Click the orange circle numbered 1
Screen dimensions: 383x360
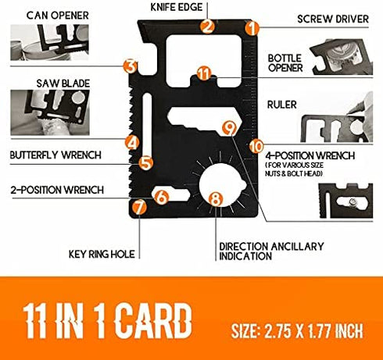point(252,28)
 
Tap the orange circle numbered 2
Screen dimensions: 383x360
point(208,27)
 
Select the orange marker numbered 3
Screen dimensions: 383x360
point(131,66)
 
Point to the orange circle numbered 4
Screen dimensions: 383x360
point(133,143)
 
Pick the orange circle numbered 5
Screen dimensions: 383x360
point(146,163)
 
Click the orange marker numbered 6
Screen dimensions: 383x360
point(162,197)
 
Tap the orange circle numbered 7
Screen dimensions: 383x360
point(139,207)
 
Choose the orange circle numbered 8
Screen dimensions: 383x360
point(216,199)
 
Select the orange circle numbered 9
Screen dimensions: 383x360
point(230,128)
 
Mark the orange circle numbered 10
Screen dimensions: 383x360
point(256,146)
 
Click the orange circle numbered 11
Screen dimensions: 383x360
point(204,73)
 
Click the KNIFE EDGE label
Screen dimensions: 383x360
point(177,7)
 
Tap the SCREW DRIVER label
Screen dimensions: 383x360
point(333,19)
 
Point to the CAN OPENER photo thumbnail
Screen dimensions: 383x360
point(49,42)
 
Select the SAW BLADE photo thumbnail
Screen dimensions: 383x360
point(50,112)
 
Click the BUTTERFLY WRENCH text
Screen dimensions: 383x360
point(55,155)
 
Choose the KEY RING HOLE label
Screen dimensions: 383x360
point(102,254)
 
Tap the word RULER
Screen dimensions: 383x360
point(282,105)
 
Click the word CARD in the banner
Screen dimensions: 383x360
point(153,321)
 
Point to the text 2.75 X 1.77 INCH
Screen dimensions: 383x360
point(313,331)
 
